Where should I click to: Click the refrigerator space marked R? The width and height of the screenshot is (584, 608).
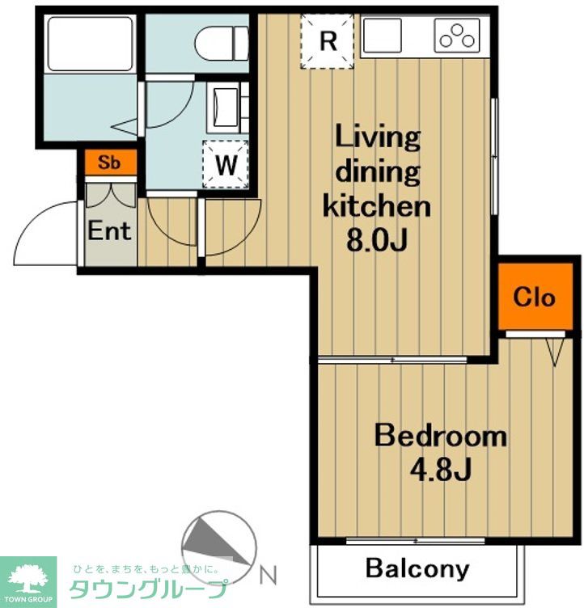(x=327, y=41)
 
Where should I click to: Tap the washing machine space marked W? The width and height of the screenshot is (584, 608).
(x=226, y=164)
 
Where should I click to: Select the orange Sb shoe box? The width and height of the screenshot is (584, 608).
(x=111, y=162)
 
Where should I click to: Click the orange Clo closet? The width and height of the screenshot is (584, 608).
(x=535, y=297)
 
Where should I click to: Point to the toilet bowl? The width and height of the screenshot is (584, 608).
(x=221, y=43)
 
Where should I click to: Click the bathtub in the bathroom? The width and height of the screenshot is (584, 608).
(x=90, y=44)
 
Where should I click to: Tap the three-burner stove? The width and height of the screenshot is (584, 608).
(x=457, y=36)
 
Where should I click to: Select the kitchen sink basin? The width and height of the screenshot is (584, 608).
(x=382, y=36)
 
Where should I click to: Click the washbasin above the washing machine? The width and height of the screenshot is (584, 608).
(x=226, y=107)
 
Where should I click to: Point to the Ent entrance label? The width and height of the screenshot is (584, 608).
(x=109, y=231)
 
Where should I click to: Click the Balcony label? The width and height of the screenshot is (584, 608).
(x=417, y=569)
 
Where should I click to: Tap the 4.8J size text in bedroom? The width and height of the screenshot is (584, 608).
(x=440, y=470)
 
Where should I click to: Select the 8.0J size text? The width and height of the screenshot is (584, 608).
(x=377, y=240)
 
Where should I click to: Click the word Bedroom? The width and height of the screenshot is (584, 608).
(x=441, y=436)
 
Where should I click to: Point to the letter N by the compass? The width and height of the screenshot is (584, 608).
(x=268, y=576)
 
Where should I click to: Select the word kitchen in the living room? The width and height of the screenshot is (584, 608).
(x=377, y=206)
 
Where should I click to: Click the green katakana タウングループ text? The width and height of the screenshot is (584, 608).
(x=148, y=589)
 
